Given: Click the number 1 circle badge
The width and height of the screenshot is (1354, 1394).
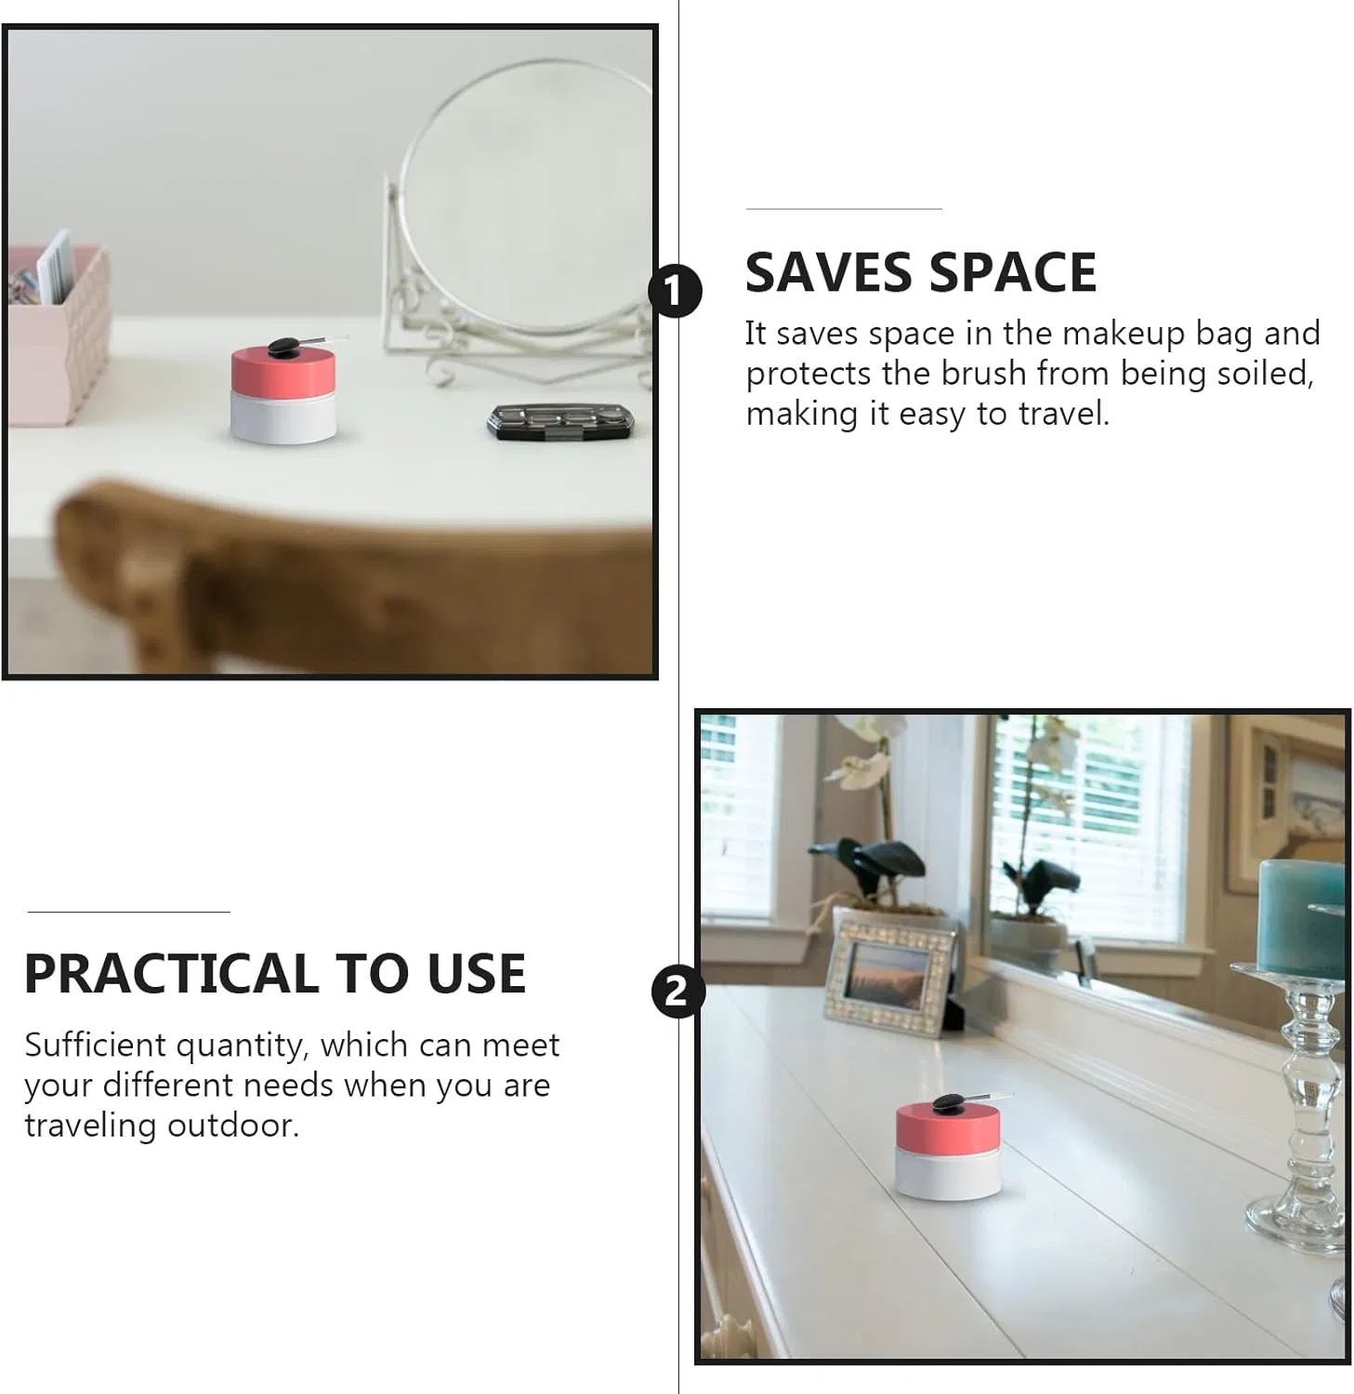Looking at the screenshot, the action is pos(675,291).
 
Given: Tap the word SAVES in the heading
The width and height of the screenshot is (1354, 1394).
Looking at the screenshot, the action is pos(829,272).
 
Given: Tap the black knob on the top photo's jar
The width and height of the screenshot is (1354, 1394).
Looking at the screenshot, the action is pos(283,347).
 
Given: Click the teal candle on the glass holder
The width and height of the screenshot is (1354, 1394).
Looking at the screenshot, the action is pos(1301,916).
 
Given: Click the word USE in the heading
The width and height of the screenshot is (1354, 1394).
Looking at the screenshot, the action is pos(477,974).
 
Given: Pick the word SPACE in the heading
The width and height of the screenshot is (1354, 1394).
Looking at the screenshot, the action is pos(1013,272).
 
